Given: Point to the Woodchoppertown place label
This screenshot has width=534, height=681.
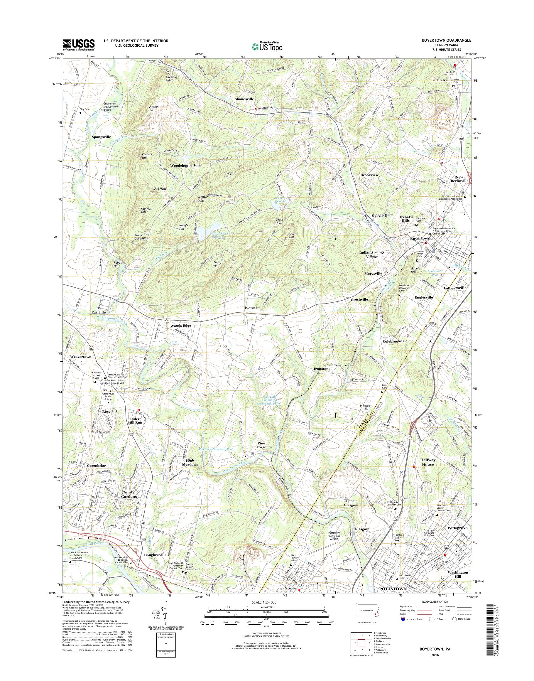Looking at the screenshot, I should tap(186, 165).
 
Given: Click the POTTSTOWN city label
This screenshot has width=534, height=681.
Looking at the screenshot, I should tap(393, 589).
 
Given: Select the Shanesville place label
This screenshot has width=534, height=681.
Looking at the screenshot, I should tap(244, 99).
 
